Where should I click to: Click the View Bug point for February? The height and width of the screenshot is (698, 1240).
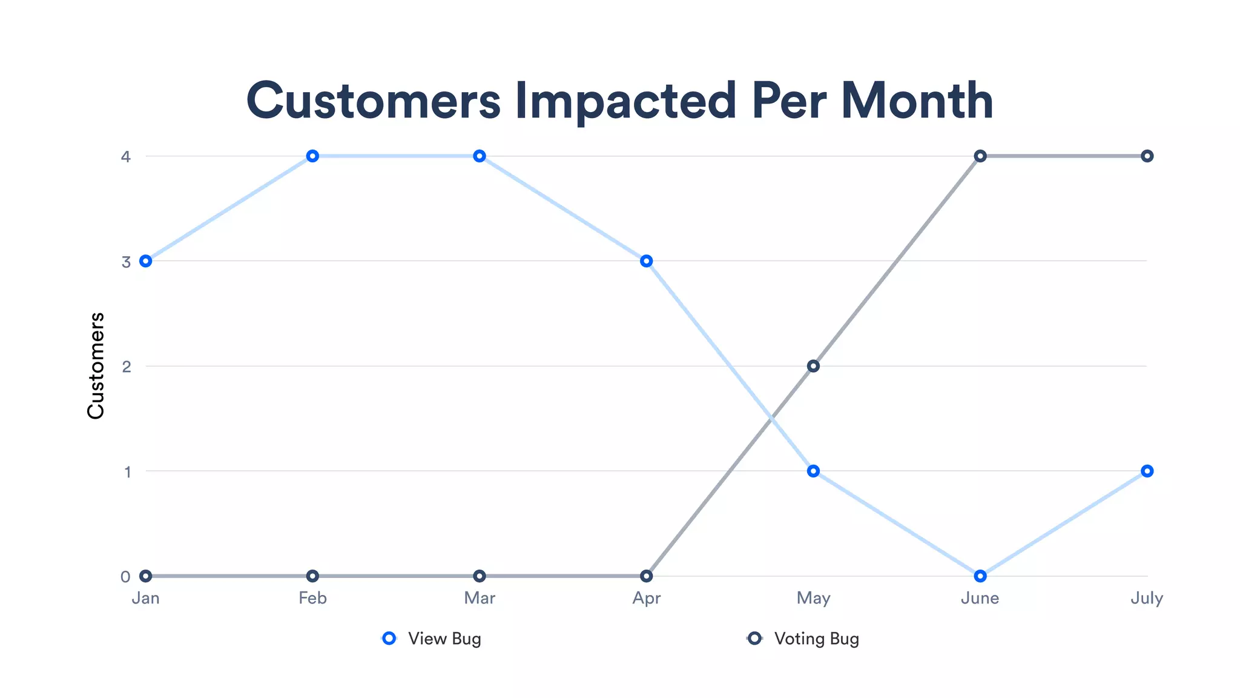312,156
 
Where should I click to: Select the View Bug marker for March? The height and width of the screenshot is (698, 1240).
480,156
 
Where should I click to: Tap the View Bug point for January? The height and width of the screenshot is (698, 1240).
145,261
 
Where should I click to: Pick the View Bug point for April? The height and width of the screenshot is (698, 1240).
647,261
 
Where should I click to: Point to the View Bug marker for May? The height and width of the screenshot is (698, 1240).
813,471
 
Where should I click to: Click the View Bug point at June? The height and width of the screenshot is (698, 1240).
980,576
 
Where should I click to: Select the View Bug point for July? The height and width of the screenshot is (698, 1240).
1147,471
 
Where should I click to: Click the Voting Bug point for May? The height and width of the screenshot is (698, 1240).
813,366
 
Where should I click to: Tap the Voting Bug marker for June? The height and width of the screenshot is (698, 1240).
980,156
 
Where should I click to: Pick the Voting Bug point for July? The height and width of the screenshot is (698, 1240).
1147,156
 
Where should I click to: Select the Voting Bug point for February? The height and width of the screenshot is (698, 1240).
312,576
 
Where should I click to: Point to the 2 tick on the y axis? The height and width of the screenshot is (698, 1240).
127,367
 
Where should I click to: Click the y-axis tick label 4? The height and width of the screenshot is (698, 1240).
126,157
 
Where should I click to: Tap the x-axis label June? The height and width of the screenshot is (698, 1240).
980,598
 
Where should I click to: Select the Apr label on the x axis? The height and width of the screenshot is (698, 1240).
646,599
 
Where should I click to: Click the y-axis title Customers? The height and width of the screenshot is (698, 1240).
96,366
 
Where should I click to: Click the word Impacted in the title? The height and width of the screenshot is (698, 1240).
625,101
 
